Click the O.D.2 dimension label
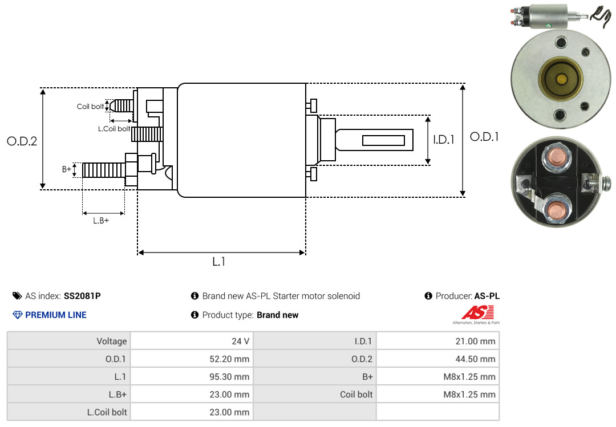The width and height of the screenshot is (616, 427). pyautogui.click(x=22, y=141)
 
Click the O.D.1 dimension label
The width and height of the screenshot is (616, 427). pyautogui.click(x=484, y=137)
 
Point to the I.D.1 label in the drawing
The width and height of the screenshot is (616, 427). pyautogui.click(x=444, y=140)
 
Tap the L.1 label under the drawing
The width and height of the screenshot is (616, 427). pyautogui.click(x=219, y=261)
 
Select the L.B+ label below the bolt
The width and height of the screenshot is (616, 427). pyautogui.click(x=101, y=221)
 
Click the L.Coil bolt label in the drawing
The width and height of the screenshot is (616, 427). pyautogui.click(x=114, y=129)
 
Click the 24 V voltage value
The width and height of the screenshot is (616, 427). pyautogui.click(x=241, y=341)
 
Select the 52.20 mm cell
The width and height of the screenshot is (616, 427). pyautogui.click(x=229, y=359)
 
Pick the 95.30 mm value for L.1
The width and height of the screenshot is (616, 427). pyautogui.click(x=229, y=377)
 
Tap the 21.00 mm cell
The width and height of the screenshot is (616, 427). pyautogui.click(x=475, y=341)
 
